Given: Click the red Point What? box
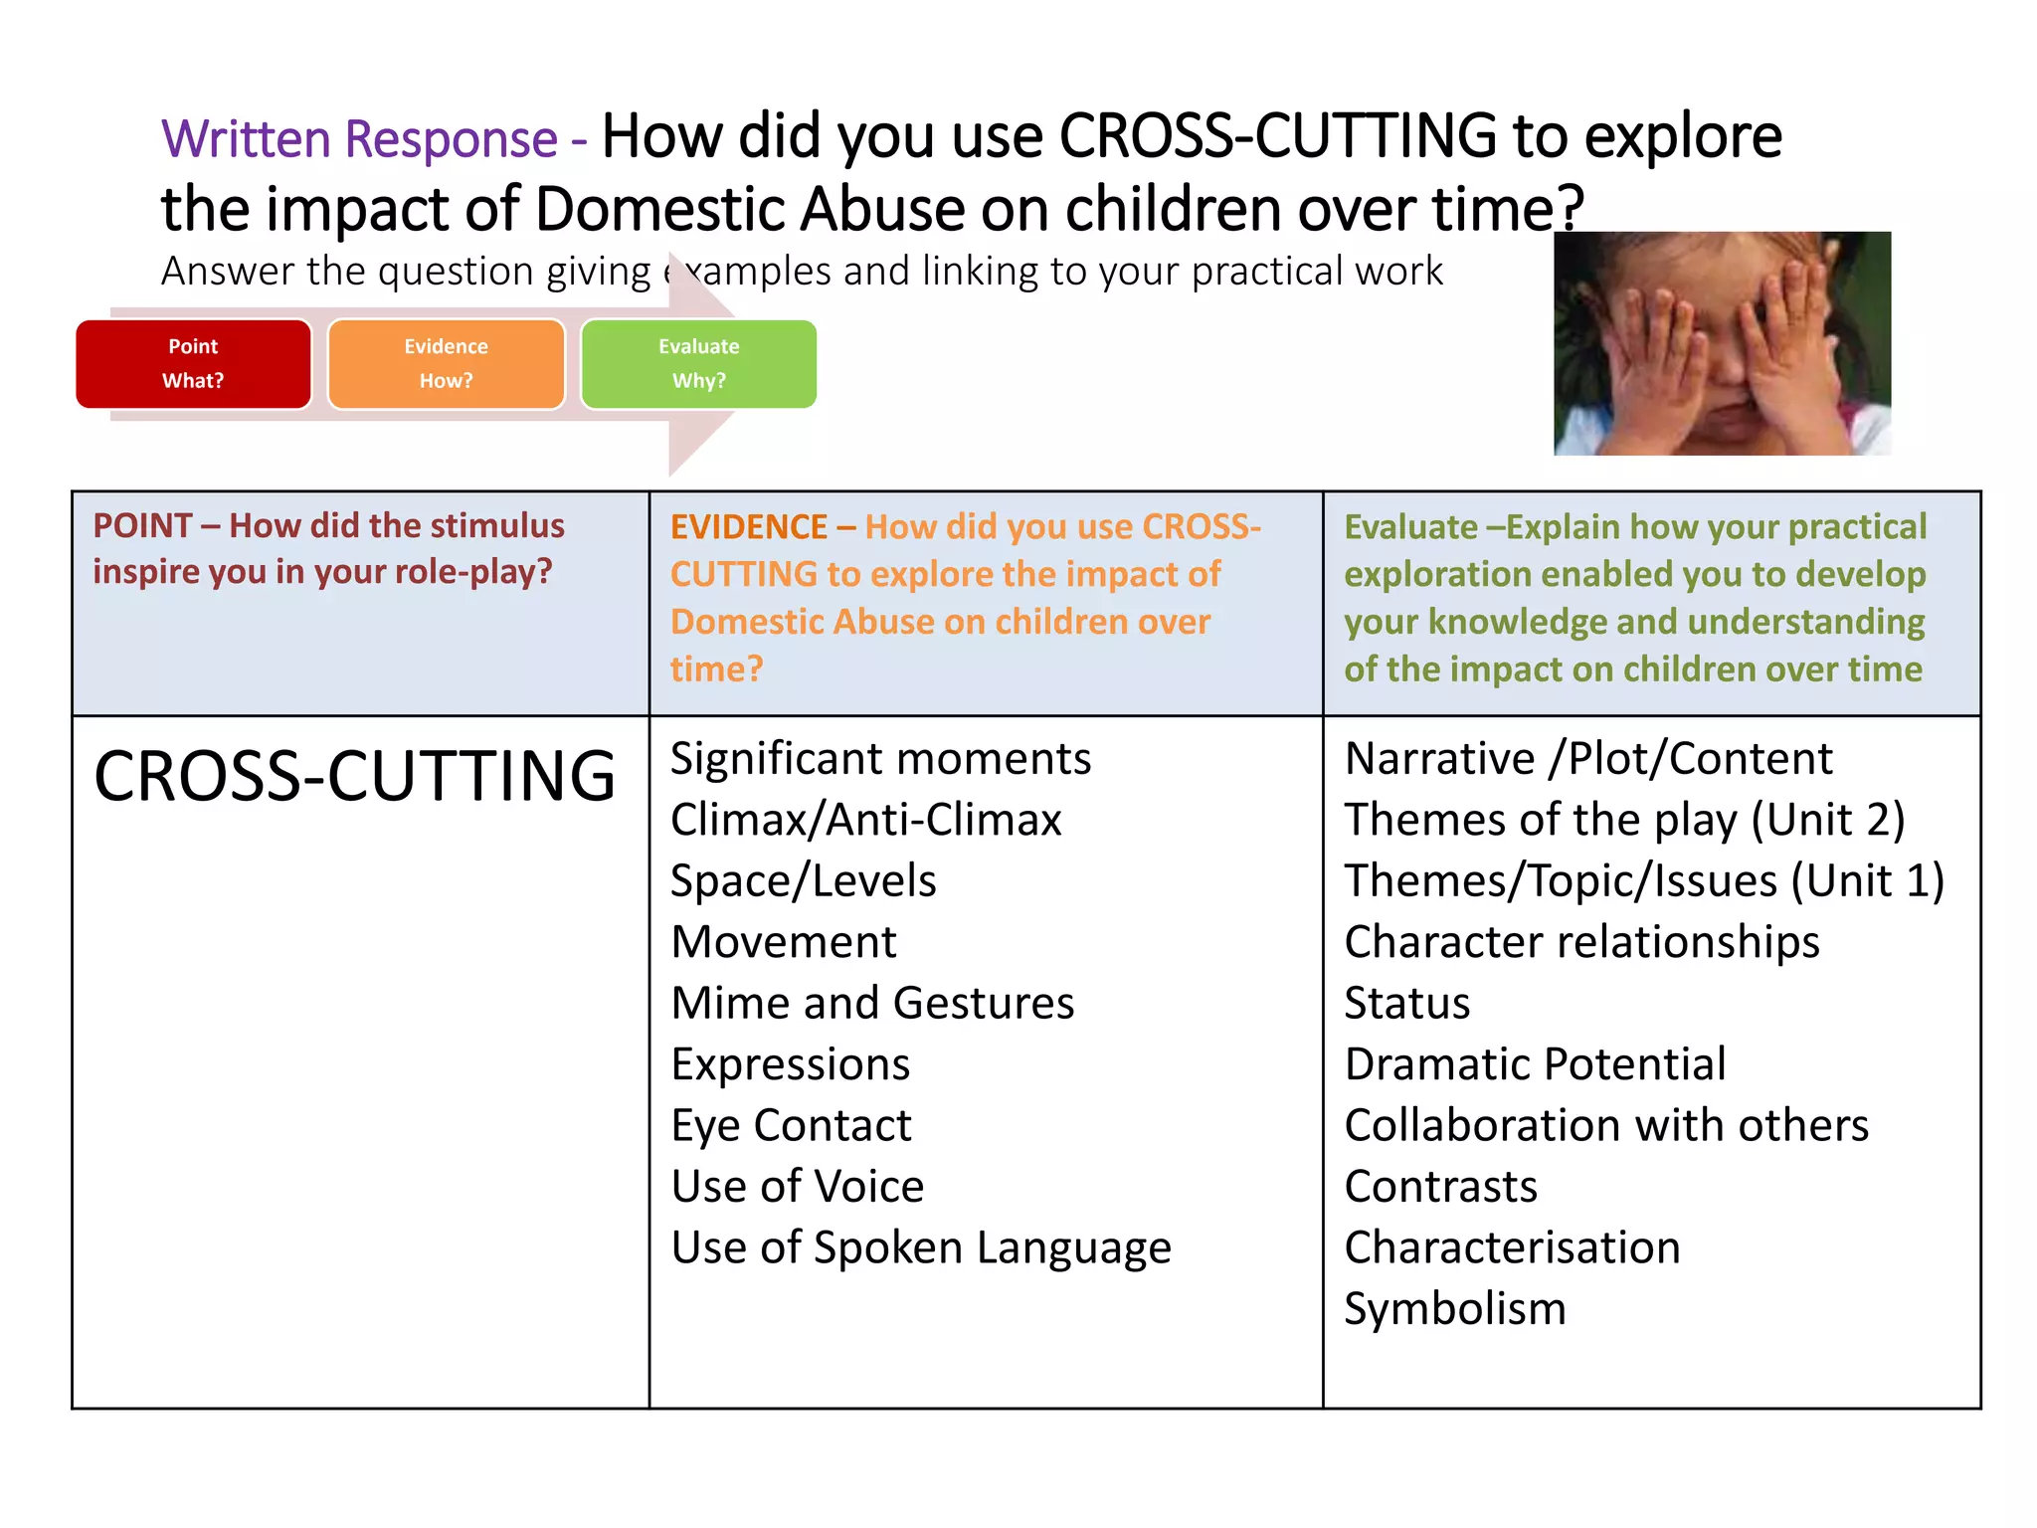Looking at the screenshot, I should click(193, 364).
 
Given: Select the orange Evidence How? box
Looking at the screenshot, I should click(446, 364).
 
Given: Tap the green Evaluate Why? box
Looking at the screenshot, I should click(698, 364).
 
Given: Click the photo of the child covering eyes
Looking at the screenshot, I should click(1722, 343).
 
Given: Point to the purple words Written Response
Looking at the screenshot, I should click(359, 138).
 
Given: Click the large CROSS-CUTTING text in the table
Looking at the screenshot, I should click(354, 776).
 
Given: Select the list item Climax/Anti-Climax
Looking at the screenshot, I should click(865, 820).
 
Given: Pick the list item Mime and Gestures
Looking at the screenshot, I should click(872, 1003).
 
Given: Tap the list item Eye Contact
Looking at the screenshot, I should click(791, 1125).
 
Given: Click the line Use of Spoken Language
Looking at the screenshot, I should click(921, 1247).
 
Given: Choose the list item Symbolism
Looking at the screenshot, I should click(1454, 1308).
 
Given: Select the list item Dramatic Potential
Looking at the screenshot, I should click(1535, 1064).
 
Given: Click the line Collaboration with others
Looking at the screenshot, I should click(1606, 1125).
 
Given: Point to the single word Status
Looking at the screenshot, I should click(1406, 1003).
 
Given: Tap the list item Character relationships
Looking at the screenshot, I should click(1581, 942).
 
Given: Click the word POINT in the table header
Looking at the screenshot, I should click(142, 525).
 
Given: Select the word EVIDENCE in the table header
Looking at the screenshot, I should click(748, 526).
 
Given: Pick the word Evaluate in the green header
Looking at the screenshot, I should click(1410, 526).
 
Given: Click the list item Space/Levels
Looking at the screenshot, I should click(803, 881).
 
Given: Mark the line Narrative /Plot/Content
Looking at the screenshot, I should click(1587, 759).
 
